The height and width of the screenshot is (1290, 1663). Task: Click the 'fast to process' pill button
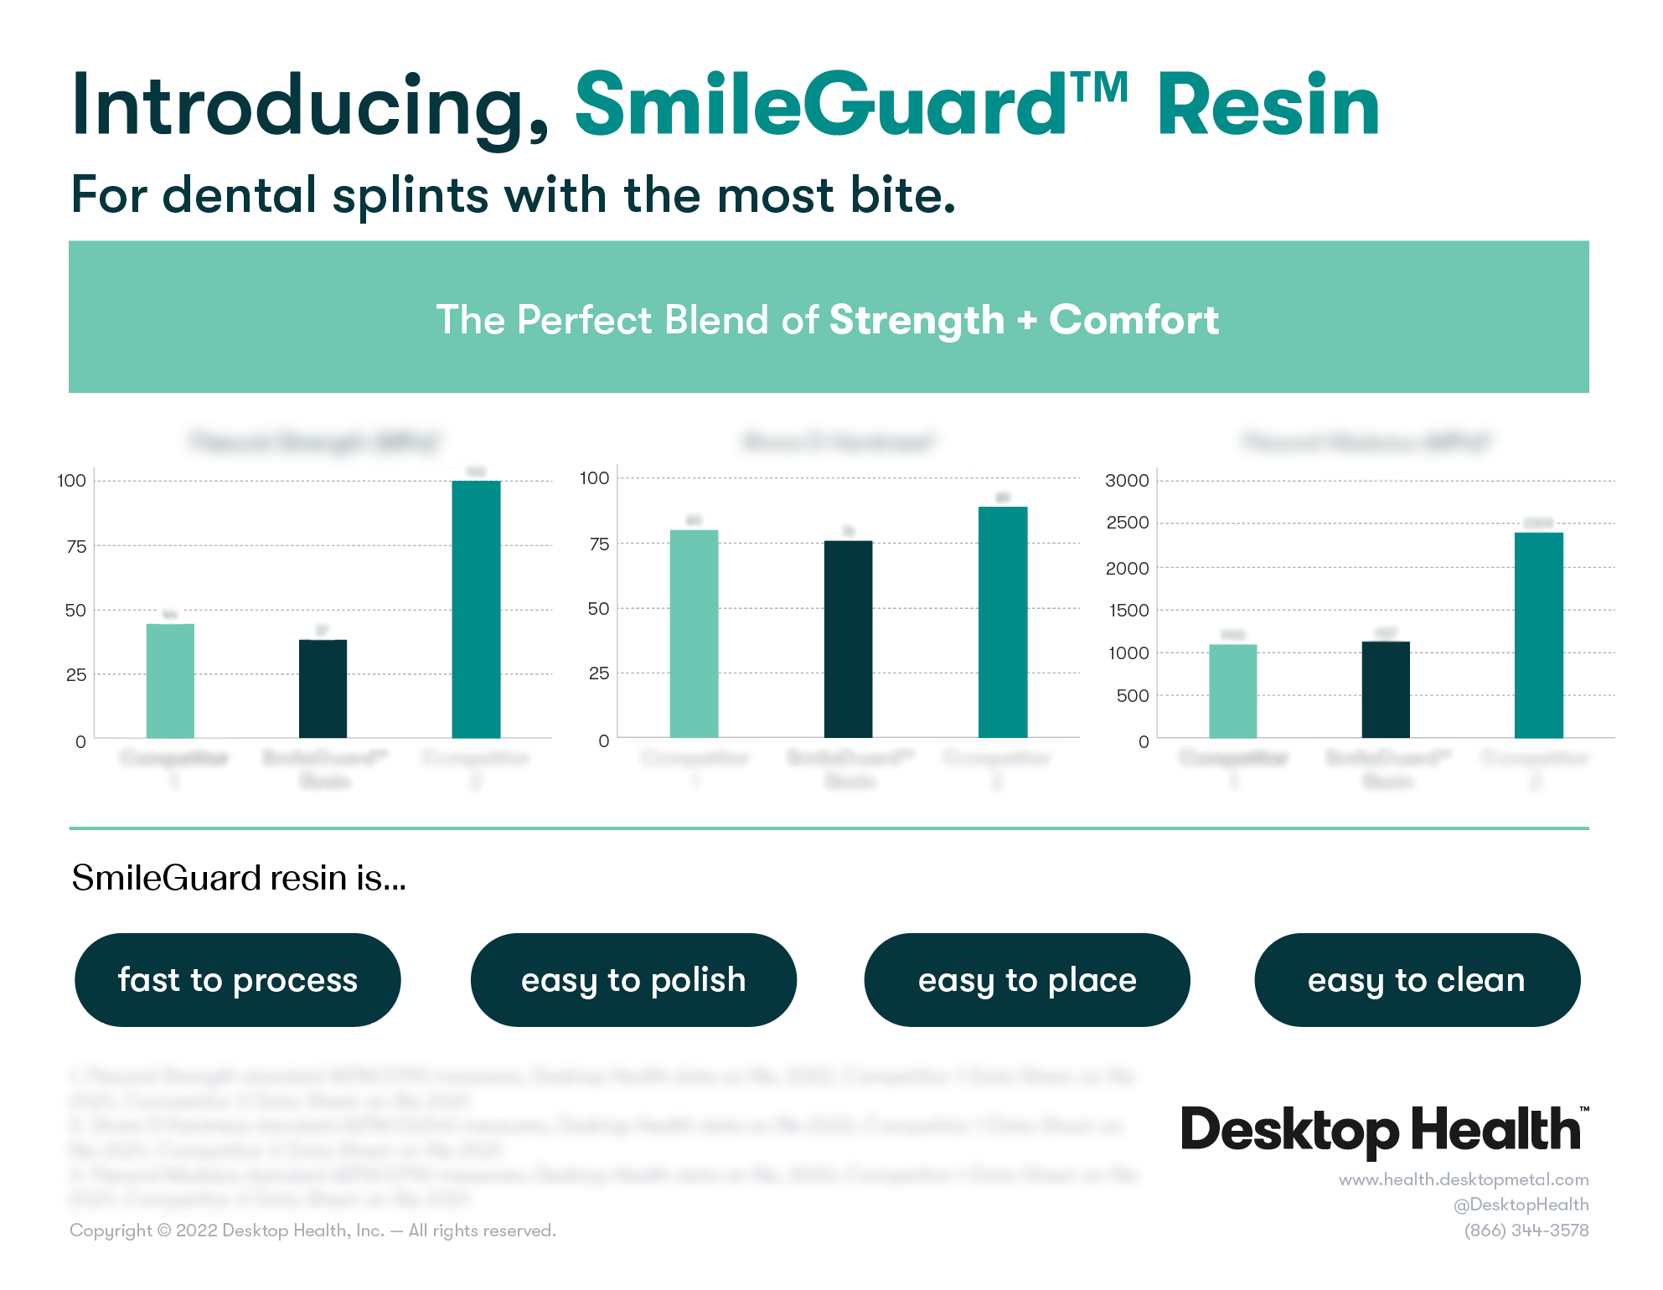tap(238, 980)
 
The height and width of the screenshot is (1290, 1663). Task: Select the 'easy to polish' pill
tap(633, 980)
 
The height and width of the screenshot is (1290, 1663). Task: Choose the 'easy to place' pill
tap(1027, 980)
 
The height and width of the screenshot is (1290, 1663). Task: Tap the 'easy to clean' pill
tap(1417, 980)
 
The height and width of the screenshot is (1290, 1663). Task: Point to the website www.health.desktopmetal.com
tap(1463, 1179)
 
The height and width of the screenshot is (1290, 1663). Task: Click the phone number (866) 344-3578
tap(1526, 1231)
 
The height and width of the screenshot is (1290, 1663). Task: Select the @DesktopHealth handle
tap(1521, 1205)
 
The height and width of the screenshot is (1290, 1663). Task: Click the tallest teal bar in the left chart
tap(476, 610)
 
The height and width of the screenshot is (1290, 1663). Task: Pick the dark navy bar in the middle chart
tap(848, 639)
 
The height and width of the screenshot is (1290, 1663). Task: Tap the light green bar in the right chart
tap(1232, 691)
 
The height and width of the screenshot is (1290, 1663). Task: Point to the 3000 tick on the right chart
tap(1127, 481)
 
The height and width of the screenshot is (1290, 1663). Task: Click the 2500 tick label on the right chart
tap(1127, 524)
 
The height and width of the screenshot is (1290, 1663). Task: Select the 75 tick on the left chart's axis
tap(76, 547)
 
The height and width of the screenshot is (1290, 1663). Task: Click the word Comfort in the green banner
tap(1134, 320)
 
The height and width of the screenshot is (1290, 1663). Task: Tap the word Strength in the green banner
tap(917, 320)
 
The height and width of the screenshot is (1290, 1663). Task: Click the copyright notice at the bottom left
tap(312, 1231)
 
